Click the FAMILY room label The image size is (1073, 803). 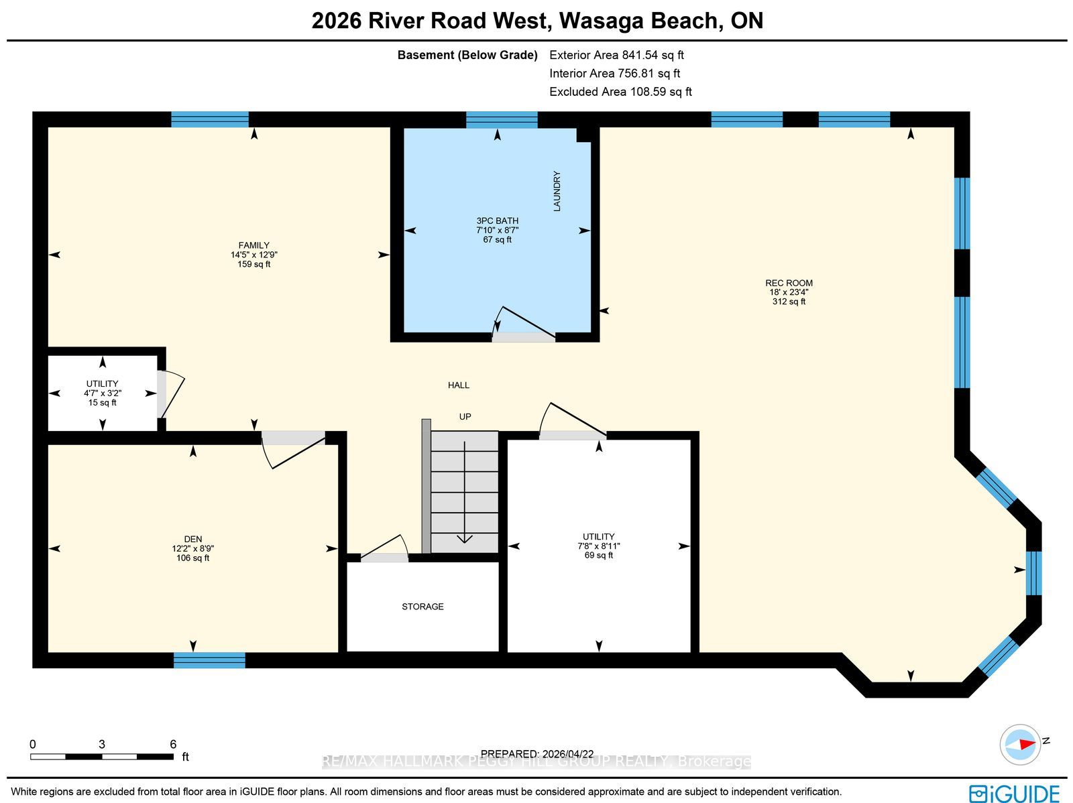coord(253,245)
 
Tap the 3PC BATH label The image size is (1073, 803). coord(497,221)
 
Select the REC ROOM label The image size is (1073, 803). coord(789,283)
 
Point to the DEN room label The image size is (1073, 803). coord(192,539)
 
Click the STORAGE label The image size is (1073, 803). coord(422,607)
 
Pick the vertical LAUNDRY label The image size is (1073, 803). coord(557,191)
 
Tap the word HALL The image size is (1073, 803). coord(459,385)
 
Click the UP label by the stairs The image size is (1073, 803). coord(465,417)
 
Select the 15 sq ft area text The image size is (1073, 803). coord(102,402)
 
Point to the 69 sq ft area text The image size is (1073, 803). coord(598,555)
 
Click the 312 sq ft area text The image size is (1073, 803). coord(789,302)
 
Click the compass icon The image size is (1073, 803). coord(1020,745)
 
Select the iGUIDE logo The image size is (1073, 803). coord(1014,793)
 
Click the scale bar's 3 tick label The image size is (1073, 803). coord(102,744)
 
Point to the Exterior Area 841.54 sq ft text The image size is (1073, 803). coord(616,55)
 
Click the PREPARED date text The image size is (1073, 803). coord(536,754)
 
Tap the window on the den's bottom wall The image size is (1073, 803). coord(209,660)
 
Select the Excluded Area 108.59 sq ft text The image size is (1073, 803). coord(620,92)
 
